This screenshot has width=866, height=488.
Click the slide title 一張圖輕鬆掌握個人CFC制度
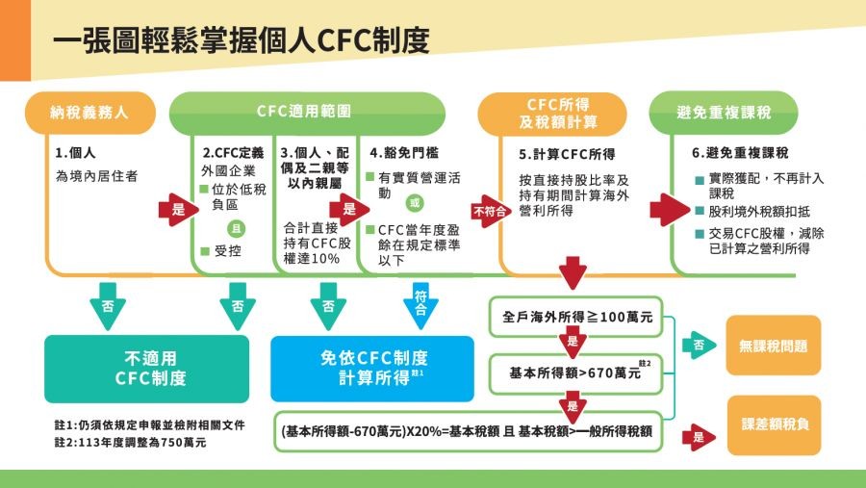pos(241,39)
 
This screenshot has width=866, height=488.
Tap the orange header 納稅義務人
pos(89,112)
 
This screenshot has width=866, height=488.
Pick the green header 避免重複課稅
pos(723,112)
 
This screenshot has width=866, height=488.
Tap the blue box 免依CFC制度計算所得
pos(372,368)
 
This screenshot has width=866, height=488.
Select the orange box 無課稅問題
pos(774,346)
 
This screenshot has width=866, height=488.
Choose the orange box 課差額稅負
pos(774,424)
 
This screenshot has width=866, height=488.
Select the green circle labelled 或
pos(415,204)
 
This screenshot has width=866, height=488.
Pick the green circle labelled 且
pos(233,229)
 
